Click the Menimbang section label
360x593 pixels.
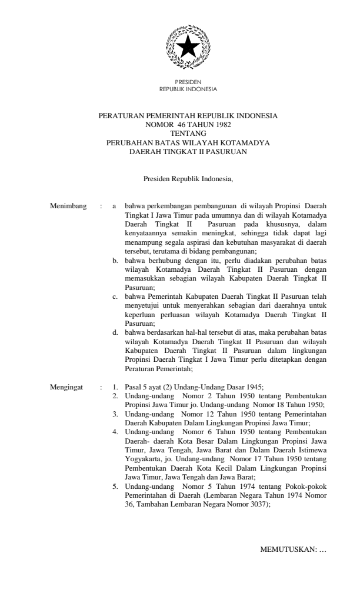coord(69,206)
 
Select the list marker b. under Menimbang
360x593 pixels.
coord(116,259)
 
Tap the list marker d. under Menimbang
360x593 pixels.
coord(116,332)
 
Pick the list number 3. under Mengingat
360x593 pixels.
coord(116,414)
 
